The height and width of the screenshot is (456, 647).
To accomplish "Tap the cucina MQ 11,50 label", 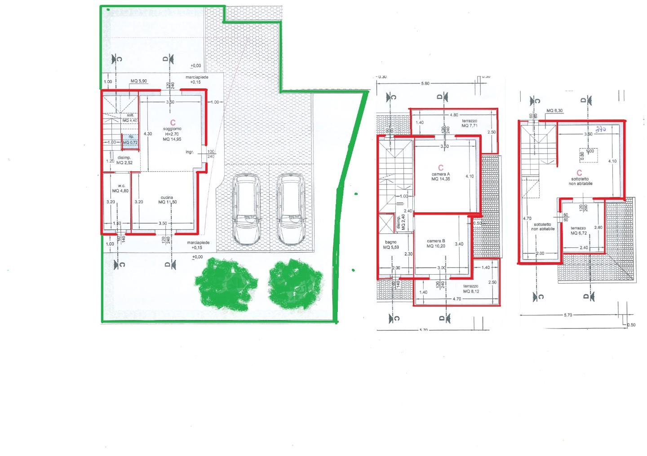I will pyautogui.click(x=167, y=200).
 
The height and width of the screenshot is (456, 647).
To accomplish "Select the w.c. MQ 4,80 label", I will pyautogui.click(x=120, y=188).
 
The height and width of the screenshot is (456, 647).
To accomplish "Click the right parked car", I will pyautogui.click(x=291, y=209).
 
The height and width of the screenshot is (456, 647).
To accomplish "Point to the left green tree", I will pyautogui.click(x=226, y=283).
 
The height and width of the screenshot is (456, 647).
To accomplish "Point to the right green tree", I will pyautogui.click(x=296, y=284).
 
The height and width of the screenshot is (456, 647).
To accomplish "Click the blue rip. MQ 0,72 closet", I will pyautogui.click(x=130, y=140).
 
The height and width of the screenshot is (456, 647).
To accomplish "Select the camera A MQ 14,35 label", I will pyautogui.click(x=440, y=176).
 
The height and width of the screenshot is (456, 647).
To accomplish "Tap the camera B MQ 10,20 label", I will pyautogui.click(x=436, y=243).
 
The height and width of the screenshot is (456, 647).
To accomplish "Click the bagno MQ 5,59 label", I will pyautogui.click(x=390, y=245).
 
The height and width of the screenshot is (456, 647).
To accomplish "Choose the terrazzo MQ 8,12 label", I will pyautogui.click(x=470, y=289).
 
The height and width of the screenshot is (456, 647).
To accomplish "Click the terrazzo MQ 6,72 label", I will pyautogui.click(x=579, y=231).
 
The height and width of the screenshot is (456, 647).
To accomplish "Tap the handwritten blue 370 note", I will pyautogui.click(x=601, y=129).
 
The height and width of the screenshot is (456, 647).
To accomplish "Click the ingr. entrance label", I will pyautogui.click(x=190, y=152).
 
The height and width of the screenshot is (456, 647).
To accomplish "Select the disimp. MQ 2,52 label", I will pyautogui.click(x=124, y=160).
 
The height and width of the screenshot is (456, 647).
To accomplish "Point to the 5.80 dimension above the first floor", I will pyautogui.click(x=425, y=83).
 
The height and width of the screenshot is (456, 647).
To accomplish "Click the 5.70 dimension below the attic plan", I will pyautogui.click(x=567, y=315).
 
